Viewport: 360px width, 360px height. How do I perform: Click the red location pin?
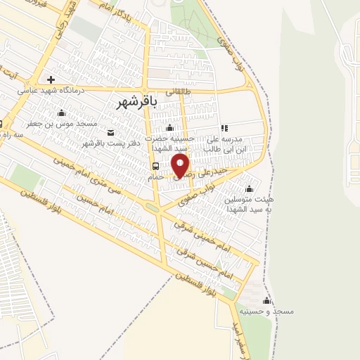(x=181, y=165)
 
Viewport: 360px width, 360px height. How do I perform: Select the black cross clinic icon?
(x=50, y=79)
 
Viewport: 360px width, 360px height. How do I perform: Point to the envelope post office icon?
(x=110, y=132)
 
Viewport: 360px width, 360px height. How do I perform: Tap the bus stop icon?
(x=155, y=167)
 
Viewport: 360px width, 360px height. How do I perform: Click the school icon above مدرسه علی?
(x=224, y=129)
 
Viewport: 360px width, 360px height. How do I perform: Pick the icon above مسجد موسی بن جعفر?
(x=61, y=113)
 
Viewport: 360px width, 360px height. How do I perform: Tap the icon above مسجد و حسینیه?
(x=265, y=299)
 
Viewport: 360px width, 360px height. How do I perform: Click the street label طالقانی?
(x=179, y=91)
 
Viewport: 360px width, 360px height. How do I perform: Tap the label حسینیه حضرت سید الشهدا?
(x=169, y=143)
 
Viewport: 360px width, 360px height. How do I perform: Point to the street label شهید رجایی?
(x=68, y=12)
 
